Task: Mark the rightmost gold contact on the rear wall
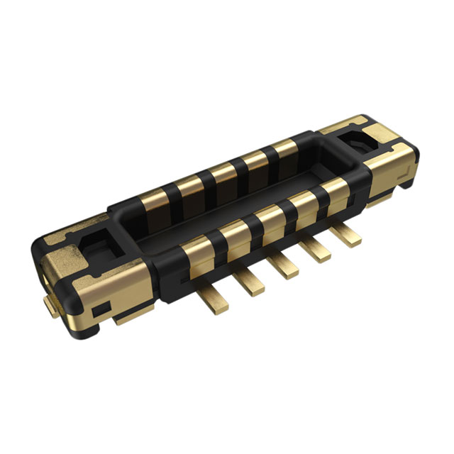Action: pos(284,150)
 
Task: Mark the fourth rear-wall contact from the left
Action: pos(255,161)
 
